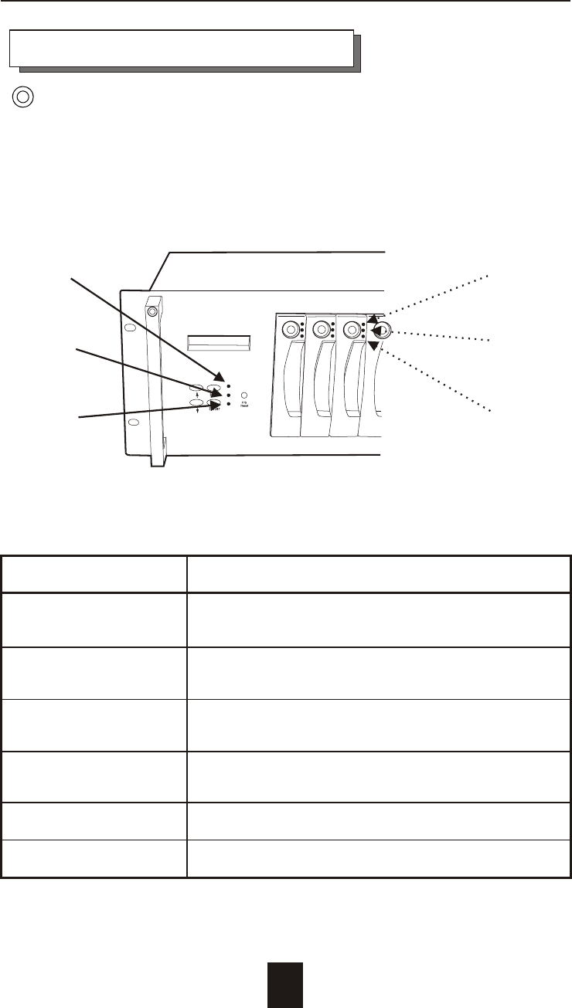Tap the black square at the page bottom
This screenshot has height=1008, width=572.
[x=285, y=984]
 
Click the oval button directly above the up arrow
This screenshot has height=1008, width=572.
[x=197, y=389]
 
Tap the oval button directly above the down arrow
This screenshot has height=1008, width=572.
[x=197, y=402]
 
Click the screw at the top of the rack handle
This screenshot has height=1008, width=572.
[x=153, y=312]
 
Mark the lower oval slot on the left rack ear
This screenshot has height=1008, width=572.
[x=133, y=423]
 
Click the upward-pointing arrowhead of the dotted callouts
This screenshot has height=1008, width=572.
[x=373, y=318]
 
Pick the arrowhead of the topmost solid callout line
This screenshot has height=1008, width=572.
[x=217, y=375]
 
